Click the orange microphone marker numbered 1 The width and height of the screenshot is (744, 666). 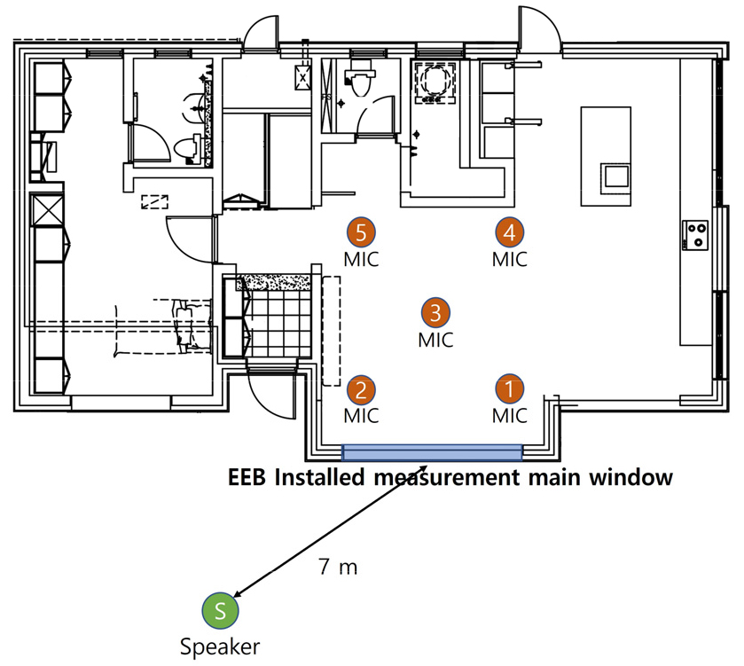[509, 389]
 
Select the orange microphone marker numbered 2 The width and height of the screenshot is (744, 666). [361, 389]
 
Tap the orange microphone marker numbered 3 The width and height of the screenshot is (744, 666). [435, 311]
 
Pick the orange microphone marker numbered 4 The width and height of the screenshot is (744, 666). [509, 232]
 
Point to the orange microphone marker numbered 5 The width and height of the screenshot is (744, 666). [361, 232]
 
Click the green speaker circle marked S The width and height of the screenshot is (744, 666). [219, 609]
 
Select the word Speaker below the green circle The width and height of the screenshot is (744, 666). [220, 647]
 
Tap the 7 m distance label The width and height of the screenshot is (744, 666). [338, 567]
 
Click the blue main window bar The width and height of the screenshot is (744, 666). [432, 452]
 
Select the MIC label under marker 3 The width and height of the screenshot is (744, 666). [435, 339]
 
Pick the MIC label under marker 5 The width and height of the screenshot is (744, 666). [361, 260]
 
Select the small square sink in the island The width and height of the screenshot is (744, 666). [615, 176]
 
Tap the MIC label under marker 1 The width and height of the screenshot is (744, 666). [509, 416]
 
